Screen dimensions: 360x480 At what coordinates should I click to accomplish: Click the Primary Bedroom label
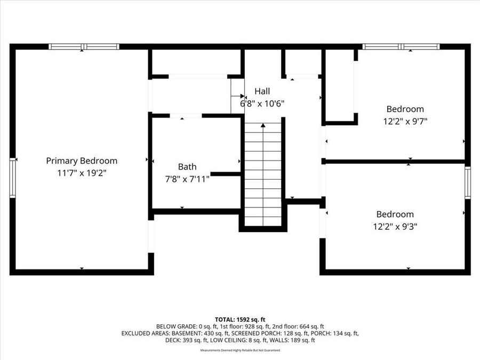click(82, 161)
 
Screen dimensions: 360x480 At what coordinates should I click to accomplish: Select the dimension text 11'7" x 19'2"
click(82, 173)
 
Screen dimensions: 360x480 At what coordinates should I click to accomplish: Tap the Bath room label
click(187, 167)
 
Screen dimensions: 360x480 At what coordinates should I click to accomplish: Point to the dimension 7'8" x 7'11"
click(187, 179)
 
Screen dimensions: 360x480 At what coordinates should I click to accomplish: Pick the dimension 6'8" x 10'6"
click(262, 103)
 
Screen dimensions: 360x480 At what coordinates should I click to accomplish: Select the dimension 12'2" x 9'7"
click(405, 121)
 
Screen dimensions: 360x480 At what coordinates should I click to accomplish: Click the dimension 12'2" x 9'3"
click(395, 226)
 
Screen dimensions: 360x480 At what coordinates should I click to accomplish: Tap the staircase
click(263, 176)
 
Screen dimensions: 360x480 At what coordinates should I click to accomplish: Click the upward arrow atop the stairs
click(263, 126)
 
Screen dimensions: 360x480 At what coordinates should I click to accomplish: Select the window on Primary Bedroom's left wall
click(13, 178)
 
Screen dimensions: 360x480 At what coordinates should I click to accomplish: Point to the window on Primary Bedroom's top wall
click(84, 47)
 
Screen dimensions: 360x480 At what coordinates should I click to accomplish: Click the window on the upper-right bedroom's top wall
click(401, 47)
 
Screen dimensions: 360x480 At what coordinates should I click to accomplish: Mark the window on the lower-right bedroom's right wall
click(468, 182)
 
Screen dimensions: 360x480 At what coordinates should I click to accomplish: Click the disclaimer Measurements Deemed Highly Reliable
click(239, 350)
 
